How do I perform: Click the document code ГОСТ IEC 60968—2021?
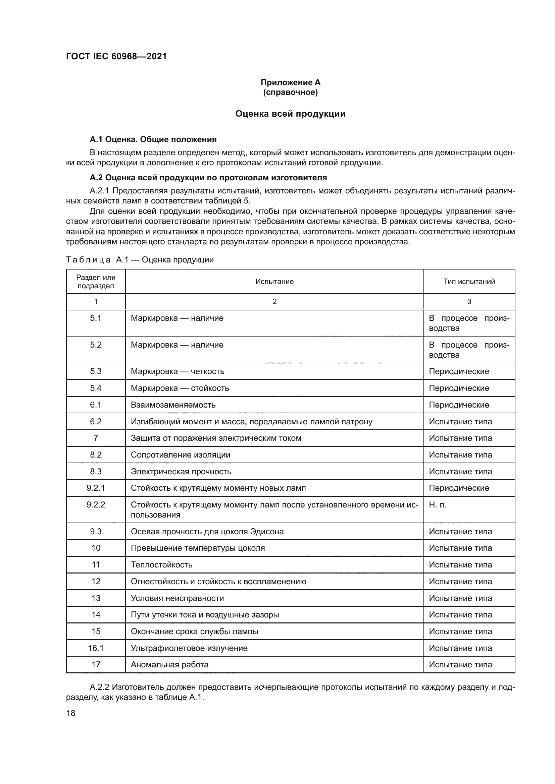point(116,56)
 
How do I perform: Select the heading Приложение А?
point(291,82)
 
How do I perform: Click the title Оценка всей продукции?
point(290,114)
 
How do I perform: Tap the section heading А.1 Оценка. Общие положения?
point(153,139)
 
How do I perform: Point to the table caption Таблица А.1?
point(140,259)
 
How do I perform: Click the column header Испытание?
point(274,281)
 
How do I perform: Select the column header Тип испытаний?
point(469,281)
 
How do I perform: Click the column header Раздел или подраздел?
point(96,281)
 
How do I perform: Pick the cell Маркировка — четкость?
point(178,371)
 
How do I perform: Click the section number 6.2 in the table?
point(96,421)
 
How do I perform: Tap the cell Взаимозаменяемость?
point(173,405)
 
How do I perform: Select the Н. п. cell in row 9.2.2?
point(438,505)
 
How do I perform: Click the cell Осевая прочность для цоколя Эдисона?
point(207,531)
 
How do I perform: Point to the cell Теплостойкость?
point(162,564)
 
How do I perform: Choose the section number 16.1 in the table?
point(96,648)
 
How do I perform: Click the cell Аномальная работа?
point(169,664)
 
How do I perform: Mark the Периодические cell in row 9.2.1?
point(459,488)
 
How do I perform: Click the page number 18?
point(71,713)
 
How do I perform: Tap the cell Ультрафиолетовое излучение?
point(189,648)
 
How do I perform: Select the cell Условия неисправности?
point(178,598)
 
